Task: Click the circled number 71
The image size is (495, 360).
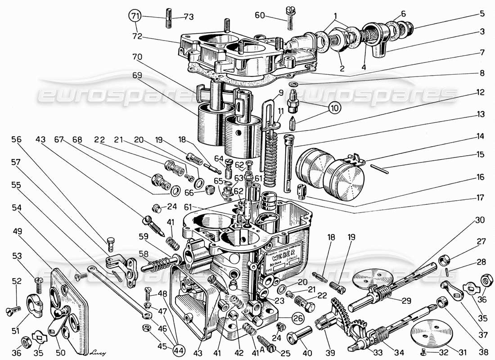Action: click(134, 17)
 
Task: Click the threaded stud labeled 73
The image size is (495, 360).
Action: click(170, 17)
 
